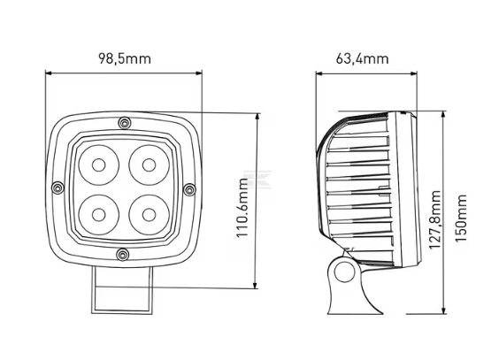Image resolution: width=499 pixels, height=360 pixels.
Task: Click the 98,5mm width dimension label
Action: click(x=125, y=59)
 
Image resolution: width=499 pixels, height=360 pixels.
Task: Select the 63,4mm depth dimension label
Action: click(x=362, y=59)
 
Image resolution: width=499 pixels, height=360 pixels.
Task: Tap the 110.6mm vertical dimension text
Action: click(x=242, y=208)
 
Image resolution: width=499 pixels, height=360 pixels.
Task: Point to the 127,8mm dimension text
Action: click(x=435, y=219)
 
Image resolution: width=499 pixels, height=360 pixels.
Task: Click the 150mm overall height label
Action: click(x=461, y=218)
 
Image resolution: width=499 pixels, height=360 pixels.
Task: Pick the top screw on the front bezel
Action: click(x=124, y=123)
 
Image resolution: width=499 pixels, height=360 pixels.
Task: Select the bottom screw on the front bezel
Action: click(x=123, y=255)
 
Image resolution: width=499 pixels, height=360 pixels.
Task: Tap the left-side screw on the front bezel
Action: click(x=58, y=188)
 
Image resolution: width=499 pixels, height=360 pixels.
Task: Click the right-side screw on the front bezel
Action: click(x=189, y=189)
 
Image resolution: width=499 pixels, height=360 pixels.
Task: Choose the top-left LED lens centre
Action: click(x=99, y=165)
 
